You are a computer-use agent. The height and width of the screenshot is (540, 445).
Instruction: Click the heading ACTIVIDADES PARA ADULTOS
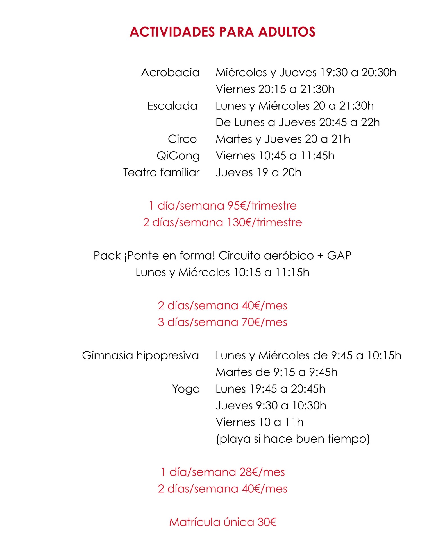(x=222, y=32)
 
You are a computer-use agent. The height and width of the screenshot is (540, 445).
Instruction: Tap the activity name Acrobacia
(x=170, y=73)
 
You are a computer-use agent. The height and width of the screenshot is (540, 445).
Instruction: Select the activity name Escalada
(x=172, y=106)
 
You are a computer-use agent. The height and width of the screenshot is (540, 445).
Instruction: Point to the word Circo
(x=182, y=139)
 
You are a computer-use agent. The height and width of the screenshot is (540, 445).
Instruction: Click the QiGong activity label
(x=178, y=156)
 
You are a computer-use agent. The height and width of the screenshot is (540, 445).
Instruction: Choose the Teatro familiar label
(x=161, y=172)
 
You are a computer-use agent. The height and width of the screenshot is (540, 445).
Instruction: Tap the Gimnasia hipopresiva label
(x=140, y=355)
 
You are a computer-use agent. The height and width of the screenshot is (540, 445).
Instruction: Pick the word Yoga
(x=186, y=389)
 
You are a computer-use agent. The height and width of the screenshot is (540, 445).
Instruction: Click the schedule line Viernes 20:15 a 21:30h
(x=275, y=89)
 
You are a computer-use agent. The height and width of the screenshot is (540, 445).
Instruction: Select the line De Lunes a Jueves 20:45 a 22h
(x=298, y=122)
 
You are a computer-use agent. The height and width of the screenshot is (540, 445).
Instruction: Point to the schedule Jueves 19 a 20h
(x=258, y=172)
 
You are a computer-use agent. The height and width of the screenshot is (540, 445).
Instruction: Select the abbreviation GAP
(x=339, y=256)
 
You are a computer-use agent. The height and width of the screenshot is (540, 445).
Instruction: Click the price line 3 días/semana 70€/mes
(x=222, y=322)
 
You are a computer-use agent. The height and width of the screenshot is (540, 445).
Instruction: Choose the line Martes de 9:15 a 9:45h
(x=276, y=372)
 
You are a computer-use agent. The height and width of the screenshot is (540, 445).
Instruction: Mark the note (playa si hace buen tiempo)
(x=293, y=439)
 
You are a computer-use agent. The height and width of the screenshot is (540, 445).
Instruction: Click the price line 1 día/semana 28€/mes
(x=222, y=472)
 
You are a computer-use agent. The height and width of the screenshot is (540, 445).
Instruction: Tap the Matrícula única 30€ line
(x=222, y=522)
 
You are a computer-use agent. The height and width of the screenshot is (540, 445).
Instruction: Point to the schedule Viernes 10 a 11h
(x=259, y=422)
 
